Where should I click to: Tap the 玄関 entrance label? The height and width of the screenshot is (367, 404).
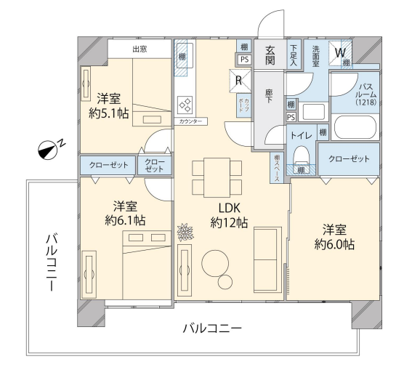coord(270,55)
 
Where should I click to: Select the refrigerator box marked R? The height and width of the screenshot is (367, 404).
coord(240,81)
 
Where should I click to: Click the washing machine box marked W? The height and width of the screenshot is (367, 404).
coord(340,53)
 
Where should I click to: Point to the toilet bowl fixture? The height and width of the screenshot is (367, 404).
coord(302,154)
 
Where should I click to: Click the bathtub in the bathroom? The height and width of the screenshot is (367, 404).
coord(355,127)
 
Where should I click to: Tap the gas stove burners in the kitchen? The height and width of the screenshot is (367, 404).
coord(185,105)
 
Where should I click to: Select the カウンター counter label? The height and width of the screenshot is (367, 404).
coord(190,121)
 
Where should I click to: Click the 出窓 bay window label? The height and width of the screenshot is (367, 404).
coord(140,49)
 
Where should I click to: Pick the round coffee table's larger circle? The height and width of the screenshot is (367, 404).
coord(215,263)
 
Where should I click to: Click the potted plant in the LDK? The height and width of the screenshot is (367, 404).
coord(185,233)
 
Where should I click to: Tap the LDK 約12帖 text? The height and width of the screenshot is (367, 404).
coord(229,215)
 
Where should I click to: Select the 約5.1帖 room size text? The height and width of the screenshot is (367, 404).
coord(108,113)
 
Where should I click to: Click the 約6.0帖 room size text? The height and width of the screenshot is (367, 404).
coord(334,245)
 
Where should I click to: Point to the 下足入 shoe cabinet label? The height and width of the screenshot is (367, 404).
coord(294,55)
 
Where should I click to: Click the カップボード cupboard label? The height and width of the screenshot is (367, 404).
coord(243,105)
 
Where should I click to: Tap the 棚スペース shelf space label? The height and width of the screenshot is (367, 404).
coord(277,167)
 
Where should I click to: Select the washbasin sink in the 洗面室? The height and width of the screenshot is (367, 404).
coord(313,112)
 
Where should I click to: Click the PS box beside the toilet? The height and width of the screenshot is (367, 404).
coord(291,118)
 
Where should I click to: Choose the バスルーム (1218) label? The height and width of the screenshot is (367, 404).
coord(366,94)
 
